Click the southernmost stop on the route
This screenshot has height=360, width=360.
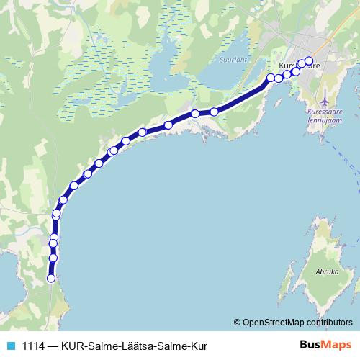click(x=51, y=278)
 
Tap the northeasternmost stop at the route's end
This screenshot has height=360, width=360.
click(x=310, y=61)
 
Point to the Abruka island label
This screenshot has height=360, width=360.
click(x=327, y=273)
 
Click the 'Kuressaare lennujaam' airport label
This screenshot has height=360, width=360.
click(x=328, y=116)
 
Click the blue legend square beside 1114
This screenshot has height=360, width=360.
click(x=10, y=346)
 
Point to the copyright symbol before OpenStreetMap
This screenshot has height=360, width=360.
click(x=238, y=322)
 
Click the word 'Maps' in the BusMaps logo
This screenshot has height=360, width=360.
click(x=338, y=345)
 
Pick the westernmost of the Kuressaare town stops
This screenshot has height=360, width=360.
click(x=271, y=77)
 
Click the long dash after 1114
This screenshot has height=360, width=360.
click(x=54, y=346)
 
